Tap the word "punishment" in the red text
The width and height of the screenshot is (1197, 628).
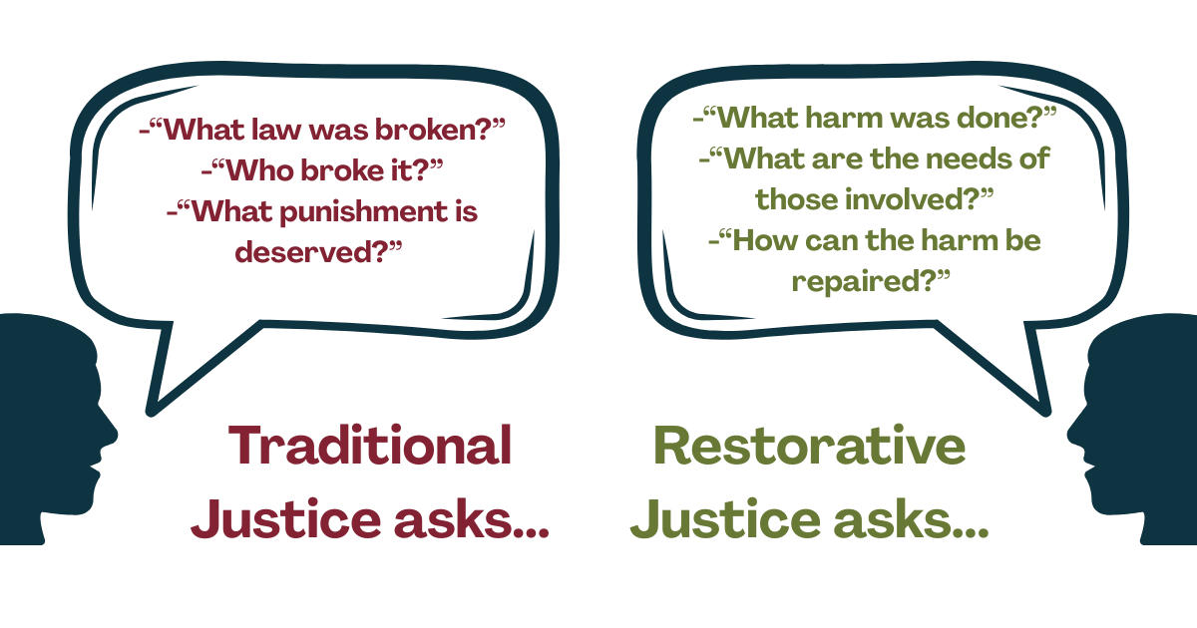tap(364, 213)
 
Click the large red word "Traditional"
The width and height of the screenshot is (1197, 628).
tap(370, 445)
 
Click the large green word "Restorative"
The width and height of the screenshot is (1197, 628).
tap(809, 446)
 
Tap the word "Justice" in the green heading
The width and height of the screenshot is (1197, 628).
tap(725, 518)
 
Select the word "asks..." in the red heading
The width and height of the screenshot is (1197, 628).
tap(471, 518)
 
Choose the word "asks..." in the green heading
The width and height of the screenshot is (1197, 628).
tap(911, 518)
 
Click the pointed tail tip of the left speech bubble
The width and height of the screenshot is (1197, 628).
tap(151, 413)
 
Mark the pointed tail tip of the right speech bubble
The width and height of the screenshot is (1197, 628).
tap(1046, 413)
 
